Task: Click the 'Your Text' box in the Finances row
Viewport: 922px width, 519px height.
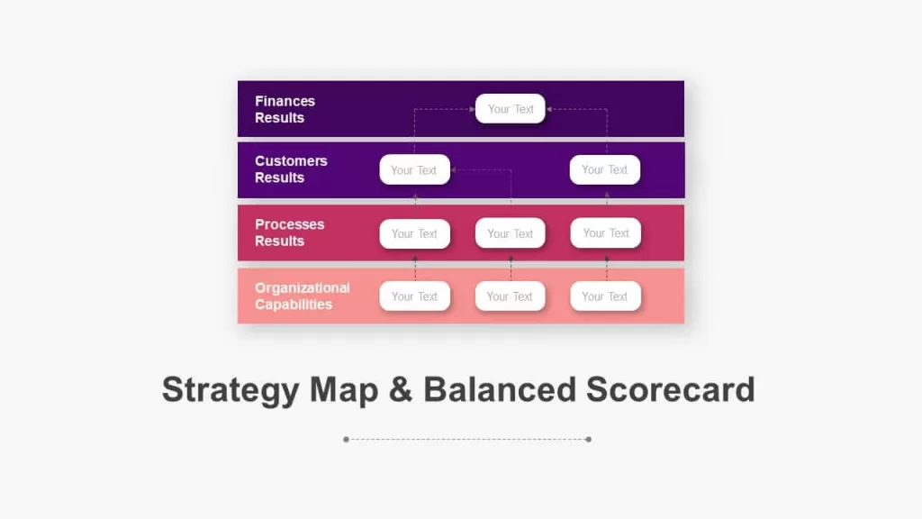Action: pyautogui.click(x=510, y=109)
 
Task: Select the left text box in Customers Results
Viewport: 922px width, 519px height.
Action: pyautogui.click(x=414, y=170)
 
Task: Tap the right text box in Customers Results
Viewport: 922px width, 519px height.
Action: pyautogui.click(x=604, y=169)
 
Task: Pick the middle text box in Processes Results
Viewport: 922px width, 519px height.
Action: pyautogui.click(x=510, y=233)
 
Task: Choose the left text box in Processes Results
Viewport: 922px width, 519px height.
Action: pyautogui.click(x=414, y=233)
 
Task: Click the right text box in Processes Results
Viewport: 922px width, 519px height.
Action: pyautogui.click(x=606, y=233)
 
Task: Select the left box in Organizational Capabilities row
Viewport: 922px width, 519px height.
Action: pyautogui.click(x=414, y=296)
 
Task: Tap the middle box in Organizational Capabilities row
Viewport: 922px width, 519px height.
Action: pyautogui.click(x=510, y=296)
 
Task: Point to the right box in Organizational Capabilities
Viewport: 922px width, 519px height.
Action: pyautogui.click(x=605, y=296)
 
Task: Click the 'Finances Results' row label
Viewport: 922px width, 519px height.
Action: pyautogui.click(x=285, y=109)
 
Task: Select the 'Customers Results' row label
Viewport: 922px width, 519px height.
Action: pyautogui.click(x=291, y=169)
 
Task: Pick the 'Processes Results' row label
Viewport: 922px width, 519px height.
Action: pyautogui.click(x=289, y=232)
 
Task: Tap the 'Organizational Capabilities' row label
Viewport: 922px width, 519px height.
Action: pyautogui.click(x=303, y=296)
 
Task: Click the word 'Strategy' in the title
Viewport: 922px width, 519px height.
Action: pyautogui.click(x=230, y=391)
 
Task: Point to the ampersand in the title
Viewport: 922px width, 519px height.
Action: pyautogui.click(x=400, y=389)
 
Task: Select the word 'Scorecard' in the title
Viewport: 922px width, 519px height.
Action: pyautogui.click(x=670, y=389)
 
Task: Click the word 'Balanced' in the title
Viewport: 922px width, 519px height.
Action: pyautogui.click(x=499, y=389)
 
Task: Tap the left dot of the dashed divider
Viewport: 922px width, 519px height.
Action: pyautogui.click(x=347, y=439)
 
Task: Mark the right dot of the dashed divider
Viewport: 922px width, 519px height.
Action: pyautogui.click(x=589, y=439)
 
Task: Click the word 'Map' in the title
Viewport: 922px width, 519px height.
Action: pyautogui.click(x=344, y=391)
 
